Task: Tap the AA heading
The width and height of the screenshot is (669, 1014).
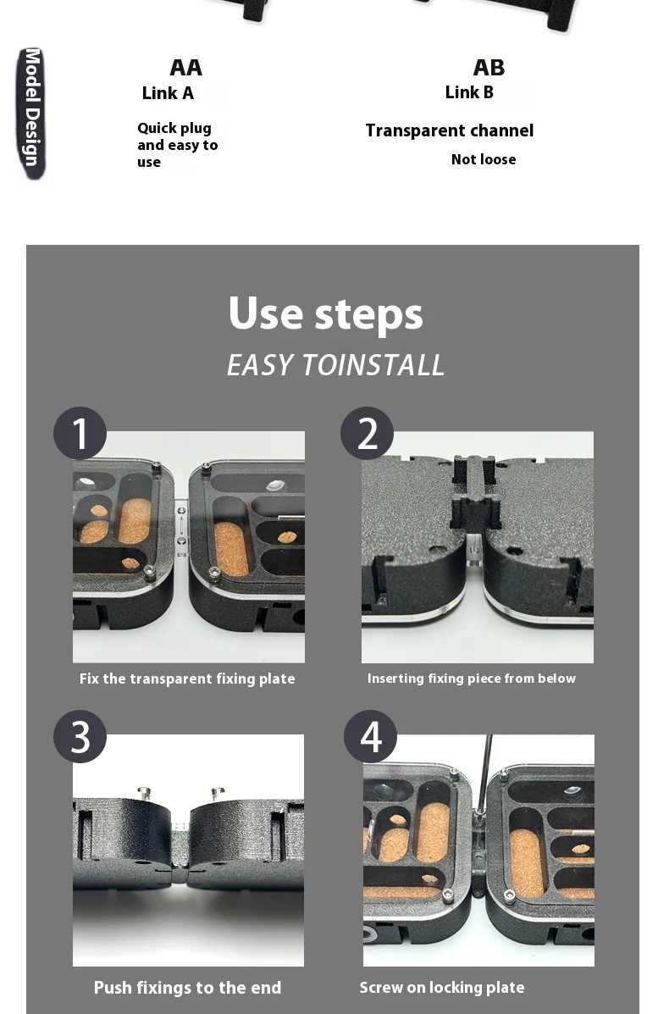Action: pos(186,67)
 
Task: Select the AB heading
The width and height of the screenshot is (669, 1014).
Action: pos(489,67)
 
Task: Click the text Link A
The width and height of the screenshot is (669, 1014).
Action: pos(168,93)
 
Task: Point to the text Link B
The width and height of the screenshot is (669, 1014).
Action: pos(469,92)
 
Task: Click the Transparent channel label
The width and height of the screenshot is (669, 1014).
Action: pos(450,130)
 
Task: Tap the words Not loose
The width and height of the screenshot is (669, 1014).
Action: pos(484,159)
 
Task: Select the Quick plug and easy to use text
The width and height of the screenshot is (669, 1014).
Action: pos(177,145)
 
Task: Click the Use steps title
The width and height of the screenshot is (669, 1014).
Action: pos(326,313)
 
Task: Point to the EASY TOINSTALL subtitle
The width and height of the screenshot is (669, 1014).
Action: pos(335,365)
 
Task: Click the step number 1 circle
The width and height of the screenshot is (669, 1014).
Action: pos(80,433)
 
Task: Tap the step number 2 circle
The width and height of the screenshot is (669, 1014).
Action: pos(368,433)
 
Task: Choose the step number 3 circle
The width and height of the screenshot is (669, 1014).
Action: pos(80,737)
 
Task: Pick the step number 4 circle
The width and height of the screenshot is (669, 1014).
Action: pos(370,737)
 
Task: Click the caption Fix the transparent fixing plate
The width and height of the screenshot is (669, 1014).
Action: pos(187,679)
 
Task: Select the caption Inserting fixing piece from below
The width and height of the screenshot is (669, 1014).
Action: pos(471,679)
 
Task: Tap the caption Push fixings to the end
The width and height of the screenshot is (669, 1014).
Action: pos(187,988)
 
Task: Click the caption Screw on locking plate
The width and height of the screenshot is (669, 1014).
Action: pos(442,988)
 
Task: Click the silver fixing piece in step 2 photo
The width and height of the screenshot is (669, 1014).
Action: pos(474,548)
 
